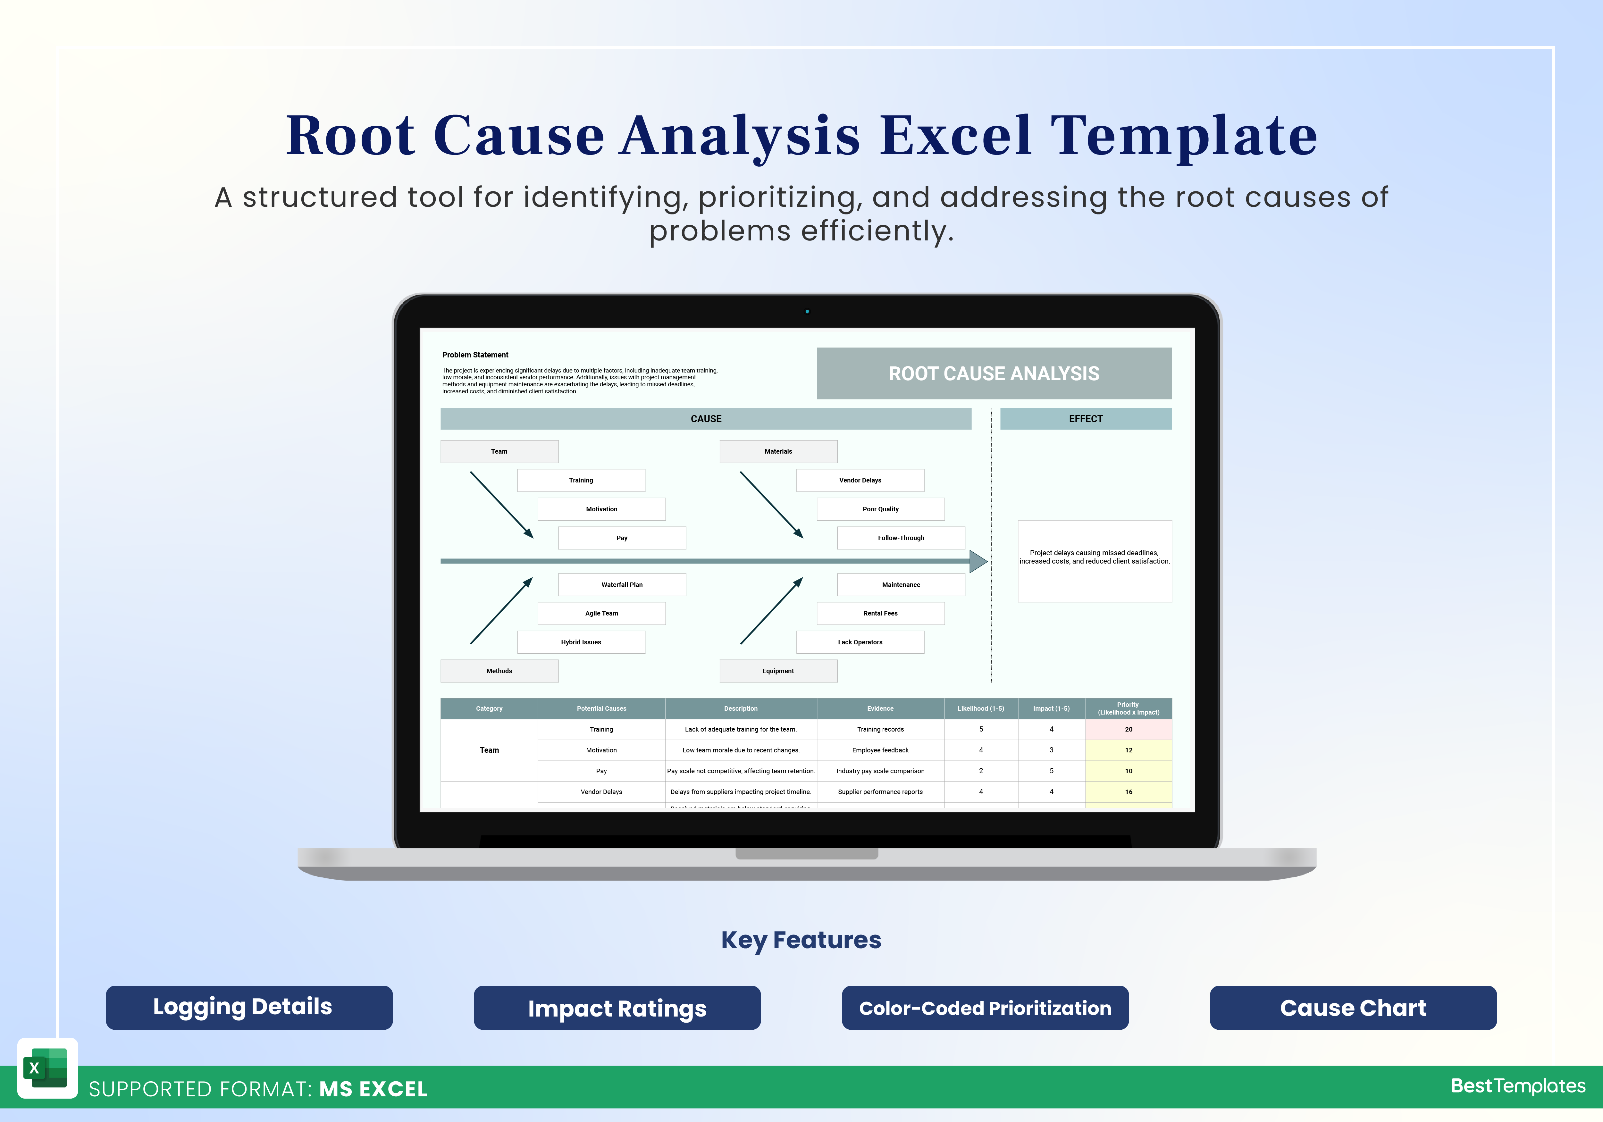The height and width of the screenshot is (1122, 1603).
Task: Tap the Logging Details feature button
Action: pos(249,1007)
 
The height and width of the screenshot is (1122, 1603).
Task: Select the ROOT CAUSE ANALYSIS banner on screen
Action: pos(994,373)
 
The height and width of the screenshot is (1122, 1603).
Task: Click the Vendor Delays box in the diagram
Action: pos(860,480)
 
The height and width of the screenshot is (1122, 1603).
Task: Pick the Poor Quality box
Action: pos(880,509)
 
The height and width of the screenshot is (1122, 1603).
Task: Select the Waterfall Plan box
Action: pos(622,584)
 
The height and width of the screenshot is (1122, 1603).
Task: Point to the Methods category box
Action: pos(499,671)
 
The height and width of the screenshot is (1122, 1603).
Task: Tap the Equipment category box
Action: pos(778,671)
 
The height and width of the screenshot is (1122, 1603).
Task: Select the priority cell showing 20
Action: pos(1128,729)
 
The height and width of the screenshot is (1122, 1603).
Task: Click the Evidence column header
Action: pos(880,709)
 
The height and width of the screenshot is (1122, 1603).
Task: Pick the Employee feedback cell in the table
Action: pos(880,750)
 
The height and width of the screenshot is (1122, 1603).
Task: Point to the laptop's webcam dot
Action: pos(807,311)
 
